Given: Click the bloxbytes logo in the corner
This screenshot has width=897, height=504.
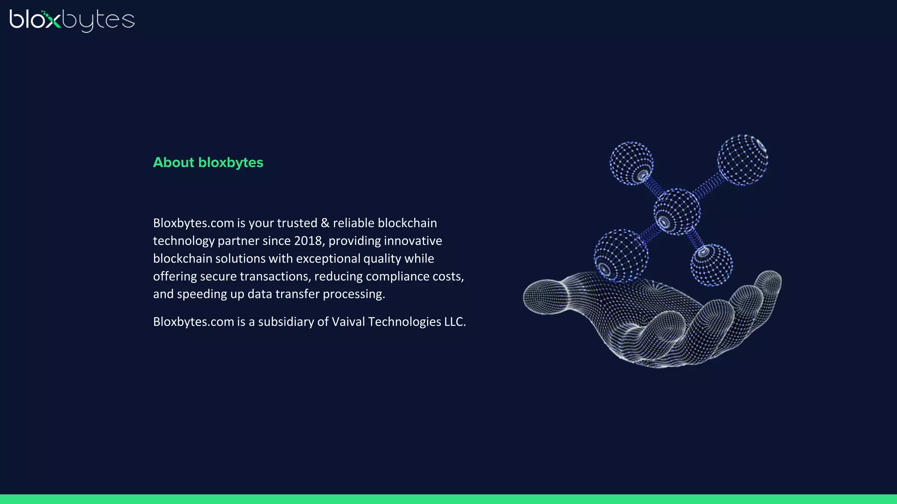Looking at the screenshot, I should tap(72, 20).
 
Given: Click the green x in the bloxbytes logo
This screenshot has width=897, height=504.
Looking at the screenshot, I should tap(53, 20).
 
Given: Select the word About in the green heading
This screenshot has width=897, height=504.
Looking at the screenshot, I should tap(173, 162).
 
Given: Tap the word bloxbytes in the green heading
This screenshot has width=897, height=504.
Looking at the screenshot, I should tap(230, 163).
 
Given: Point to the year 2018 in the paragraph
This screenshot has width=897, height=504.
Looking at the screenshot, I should tap(308, 241).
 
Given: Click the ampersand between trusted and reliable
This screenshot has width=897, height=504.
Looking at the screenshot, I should tap(325, 223).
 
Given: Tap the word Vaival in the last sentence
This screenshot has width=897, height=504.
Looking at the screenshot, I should tap(348, 322).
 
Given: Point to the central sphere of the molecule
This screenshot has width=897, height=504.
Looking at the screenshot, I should tap(677, 212).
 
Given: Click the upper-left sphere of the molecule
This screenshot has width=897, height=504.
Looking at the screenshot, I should tap(632, 163).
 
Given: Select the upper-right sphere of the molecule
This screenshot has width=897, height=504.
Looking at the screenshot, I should tap(742, 160).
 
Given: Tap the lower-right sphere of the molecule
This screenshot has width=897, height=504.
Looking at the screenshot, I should tap(711, 265).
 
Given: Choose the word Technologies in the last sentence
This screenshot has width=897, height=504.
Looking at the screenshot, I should tap(404, 322).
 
